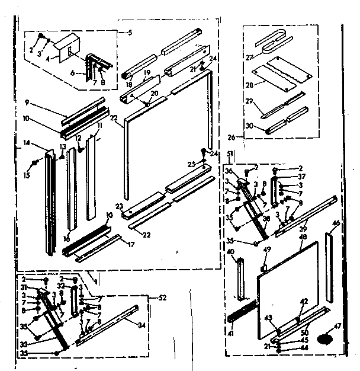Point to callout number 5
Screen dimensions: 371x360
[130, 33]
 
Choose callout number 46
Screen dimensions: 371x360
[336, 224]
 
